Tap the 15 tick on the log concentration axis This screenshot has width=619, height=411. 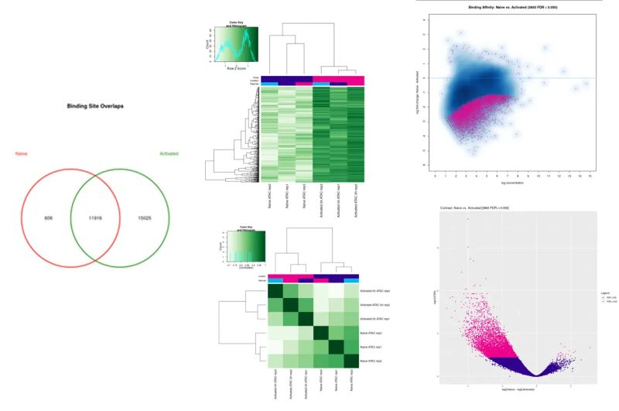(x=590, y=176)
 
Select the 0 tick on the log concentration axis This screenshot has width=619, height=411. (x=436, y=176)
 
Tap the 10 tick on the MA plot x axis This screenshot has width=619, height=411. (x=539, y=176)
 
